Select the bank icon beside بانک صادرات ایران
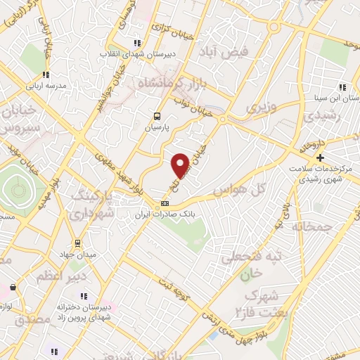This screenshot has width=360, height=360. tap(164, 203)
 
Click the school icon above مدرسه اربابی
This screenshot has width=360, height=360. tap(46, 74)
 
